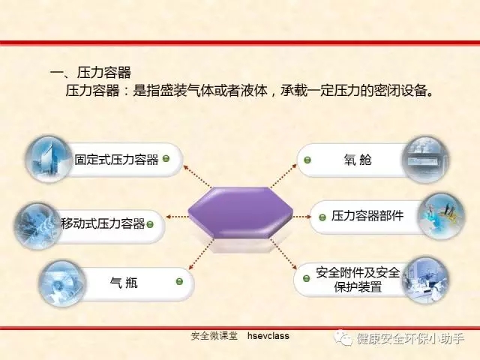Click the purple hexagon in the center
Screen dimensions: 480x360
[x=240, y=212]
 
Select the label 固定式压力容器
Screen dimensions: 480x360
[x=116, y=160]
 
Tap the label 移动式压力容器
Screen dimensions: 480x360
[x=103, y=223]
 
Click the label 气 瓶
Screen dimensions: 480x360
[x=124, y=282]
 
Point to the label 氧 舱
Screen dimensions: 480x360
[x=357, y=160]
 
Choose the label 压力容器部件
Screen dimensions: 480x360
[x=367, y=216]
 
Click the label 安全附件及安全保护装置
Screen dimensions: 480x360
[x=358, y=280]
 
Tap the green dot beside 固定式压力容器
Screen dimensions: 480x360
[x=166, y=158]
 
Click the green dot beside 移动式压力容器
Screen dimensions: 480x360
[x=150, y=224]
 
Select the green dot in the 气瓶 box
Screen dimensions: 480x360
[x=179, y=281]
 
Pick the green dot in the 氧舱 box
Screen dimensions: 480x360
[x=307, y=160]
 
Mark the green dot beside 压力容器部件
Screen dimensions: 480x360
[x=322, y=217]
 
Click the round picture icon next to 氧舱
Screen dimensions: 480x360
[x=426, y=159]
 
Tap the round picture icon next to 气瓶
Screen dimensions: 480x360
[x=63, y=283]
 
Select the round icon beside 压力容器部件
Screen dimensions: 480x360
[x=441, y=216]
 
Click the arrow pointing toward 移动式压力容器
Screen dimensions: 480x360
[x=177, y=217]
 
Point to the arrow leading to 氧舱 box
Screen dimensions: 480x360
[x=283, y=175]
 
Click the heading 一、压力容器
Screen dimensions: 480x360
[x=90, y=73]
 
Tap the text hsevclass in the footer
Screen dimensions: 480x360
[x=268, y=336]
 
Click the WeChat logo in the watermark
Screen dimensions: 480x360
[x=343, y=338]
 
